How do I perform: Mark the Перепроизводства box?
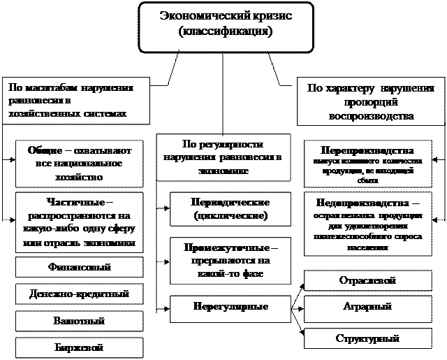pyautogui.click(x=367, y=165)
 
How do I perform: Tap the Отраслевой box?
pyautogui.click(x=367, y=281)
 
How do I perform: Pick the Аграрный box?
pyautogui.click(x=367, y=307)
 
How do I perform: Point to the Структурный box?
pyautogui.click(x=367, y=338)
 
